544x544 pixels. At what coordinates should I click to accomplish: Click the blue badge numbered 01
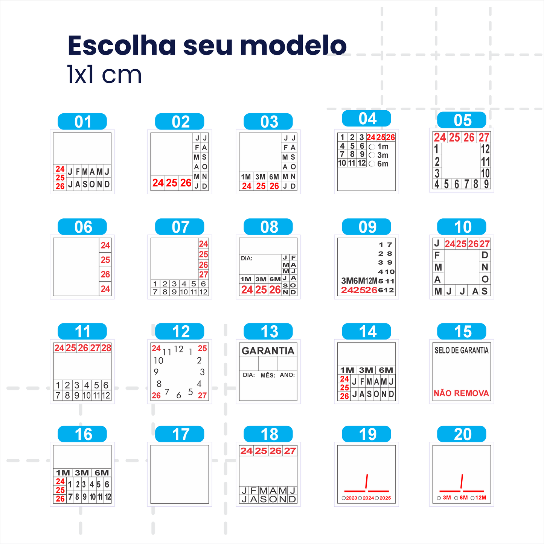82,122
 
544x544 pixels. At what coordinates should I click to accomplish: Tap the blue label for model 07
180,227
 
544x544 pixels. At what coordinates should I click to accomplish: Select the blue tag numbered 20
462,434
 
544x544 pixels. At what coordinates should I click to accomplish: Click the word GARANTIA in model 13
268,351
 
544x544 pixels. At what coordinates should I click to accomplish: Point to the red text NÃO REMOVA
461,393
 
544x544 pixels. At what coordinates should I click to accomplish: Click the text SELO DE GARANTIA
462,350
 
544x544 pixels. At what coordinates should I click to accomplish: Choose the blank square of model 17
180,474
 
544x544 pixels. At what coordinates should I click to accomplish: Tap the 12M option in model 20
480,498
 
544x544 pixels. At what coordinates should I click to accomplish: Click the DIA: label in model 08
247,258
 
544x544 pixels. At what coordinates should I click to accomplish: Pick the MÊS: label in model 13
268,375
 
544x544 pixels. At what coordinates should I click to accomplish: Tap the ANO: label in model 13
287,375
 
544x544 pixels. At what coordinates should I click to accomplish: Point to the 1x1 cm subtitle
104,75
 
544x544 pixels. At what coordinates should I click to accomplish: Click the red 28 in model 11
107,348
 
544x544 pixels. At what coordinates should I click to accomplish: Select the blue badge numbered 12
180,331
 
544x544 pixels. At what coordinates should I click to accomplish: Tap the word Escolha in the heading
122,46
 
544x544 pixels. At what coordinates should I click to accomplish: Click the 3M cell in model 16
82,473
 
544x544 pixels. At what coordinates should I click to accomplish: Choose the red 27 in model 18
290,451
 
